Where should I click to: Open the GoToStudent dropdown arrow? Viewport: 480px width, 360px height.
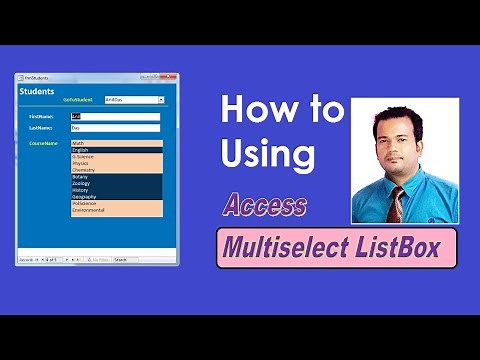point(161,100)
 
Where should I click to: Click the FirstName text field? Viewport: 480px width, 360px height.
point(115,116)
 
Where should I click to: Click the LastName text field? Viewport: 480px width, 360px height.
point(115,128)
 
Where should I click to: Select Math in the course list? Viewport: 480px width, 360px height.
point(115,144)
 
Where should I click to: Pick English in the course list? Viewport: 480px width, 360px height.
point(115,150)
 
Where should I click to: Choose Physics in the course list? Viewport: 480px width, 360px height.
point(115,163)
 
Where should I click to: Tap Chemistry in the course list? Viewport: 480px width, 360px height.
point(115,170)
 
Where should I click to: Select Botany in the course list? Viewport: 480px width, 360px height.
point(115,177)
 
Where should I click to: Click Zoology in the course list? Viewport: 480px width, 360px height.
point(115,184)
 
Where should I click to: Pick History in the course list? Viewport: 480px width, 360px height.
point(115,190)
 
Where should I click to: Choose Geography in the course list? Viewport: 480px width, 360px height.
point(115,197)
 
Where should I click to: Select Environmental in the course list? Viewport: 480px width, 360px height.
point(115,211)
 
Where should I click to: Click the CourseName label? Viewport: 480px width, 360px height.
point(43,144)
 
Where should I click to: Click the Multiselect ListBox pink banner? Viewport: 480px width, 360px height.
point(337,246)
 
